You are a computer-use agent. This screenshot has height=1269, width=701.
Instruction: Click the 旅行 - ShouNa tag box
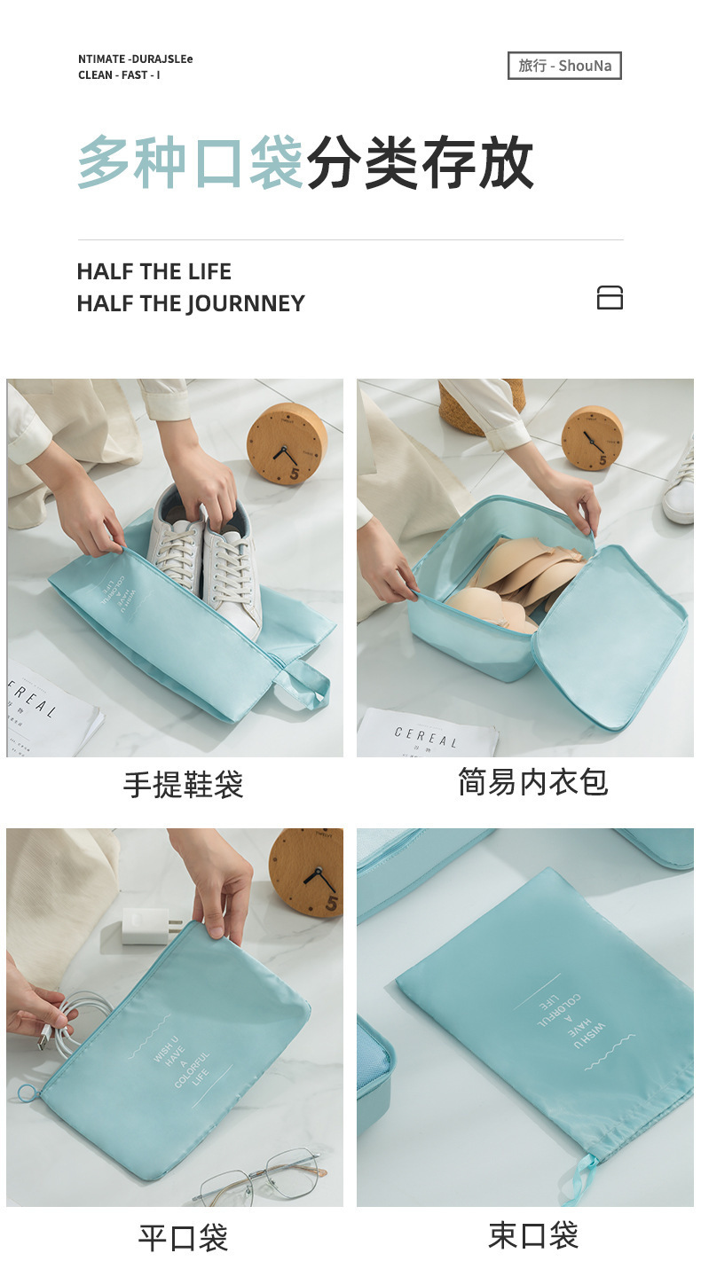tap(564, 66)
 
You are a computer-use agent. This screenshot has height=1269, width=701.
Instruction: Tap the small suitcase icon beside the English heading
tap(610, 298)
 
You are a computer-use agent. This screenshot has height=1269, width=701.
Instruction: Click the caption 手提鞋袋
tap(183, 785)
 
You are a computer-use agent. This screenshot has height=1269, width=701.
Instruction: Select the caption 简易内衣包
tap(532, 782)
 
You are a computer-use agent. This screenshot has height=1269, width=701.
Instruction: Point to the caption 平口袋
tap(183, 1237)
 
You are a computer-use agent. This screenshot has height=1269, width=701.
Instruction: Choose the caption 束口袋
tap(532, 1234)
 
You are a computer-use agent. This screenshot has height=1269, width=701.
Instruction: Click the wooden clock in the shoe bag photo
tap(286, 443)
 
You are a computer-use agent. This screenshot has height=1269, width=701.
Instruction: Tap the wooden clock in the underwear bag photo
tap(592, 437)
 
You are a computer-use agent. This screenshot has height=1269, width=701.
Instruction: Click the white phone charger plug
tap(148, 926)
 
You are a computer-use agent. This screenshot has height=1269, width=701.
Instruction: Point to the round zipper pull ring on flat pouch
tap(27, 1092)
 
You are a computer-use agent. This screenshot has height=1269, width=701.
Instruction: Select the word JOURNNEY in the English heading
tap(246, 303)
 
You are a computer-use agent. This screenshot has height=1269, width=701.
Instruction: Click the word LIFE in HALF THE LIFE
tap(209, 271)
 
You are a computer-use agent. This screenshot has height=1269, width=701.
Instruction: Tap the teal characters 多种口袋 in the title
tap(191, 163)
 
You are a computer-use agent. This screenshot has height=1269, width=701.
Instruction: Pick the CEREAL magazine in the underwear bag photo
tap(426, 734)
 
